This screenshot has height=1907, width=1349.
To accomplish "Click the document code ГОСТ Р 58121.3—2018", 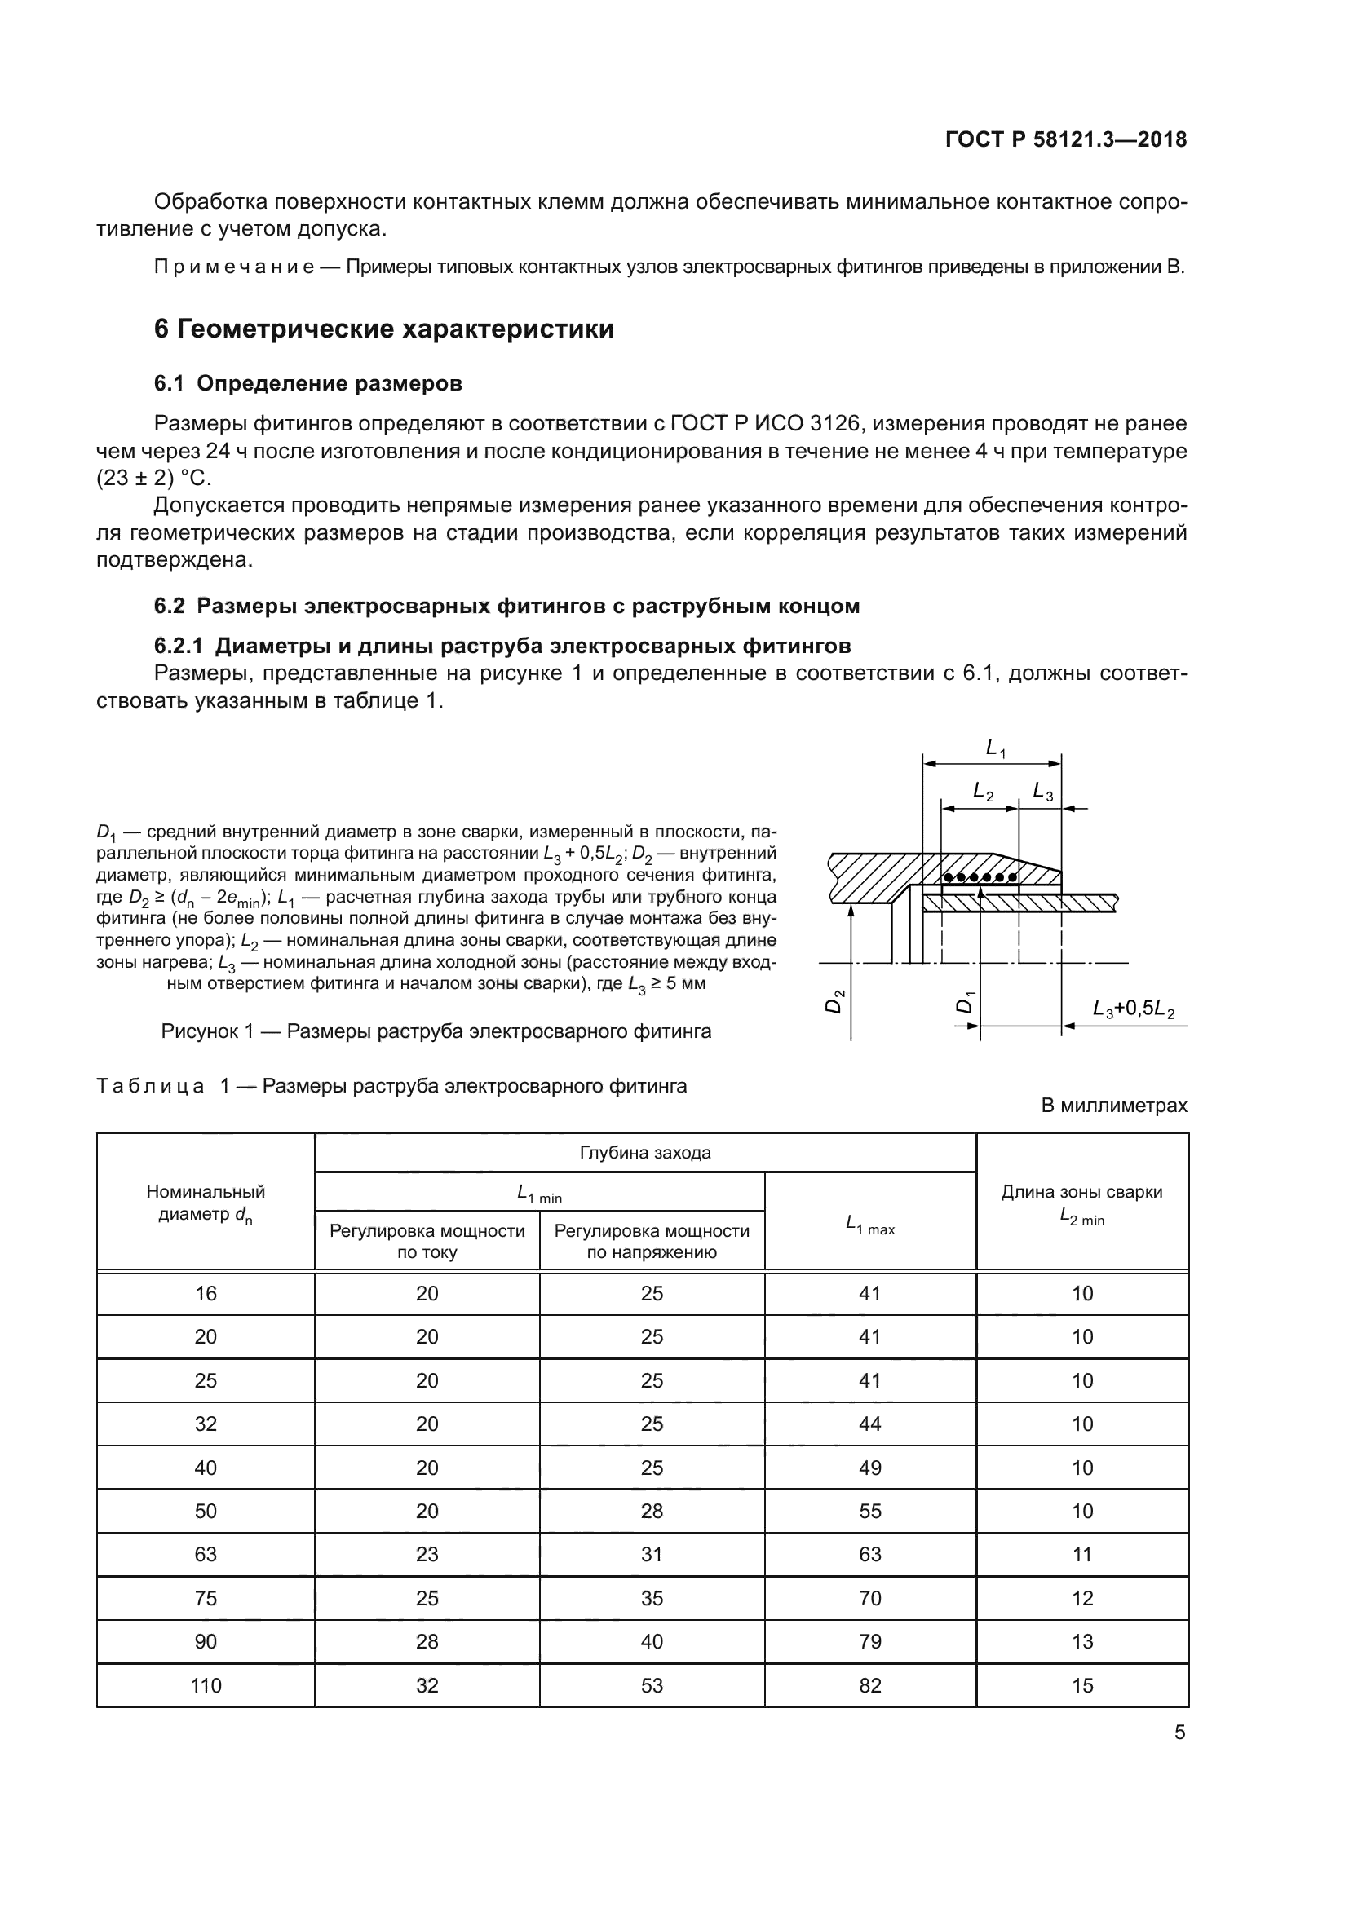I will tap(1066, 139).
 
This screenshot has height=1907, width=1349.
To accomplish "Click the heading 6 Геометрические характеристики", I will tap(384, 329).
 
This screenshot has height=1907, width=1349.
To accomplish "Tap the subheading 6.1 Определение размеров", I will tap(307, 384).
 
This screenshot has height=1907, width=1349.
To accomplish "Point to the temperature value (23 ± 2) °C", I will tap(153, 479).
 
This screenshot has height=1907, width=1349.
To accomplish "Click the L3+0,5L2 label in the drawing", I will tap(1133, 1009).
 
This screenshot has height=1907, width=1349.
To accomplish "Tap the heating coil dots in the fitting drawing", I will tap(980, 877).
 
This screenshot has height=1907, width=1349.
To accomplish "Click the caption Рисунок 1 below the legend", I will tap(436, 1031).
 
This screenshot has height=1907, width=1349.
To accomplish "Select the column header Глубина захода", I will tap(644, 1153).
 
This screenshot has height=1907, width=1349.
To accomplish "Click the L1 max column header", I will tap(869, 1224).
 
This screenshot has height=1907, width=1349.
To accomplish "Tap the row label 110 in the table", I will tap(206, 1685).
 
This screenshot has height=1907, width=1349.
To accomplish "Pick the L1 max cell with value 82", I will tap(869, 1685).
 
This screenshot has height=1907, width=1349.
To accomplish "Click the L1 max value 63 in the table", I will tap(869, 1554).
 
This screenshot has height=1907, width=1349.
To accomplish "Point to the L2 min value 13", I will tap(1081, 1641).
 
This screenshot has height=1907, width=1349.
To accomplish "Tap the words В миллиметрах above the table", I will tap(1114, 1106).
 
